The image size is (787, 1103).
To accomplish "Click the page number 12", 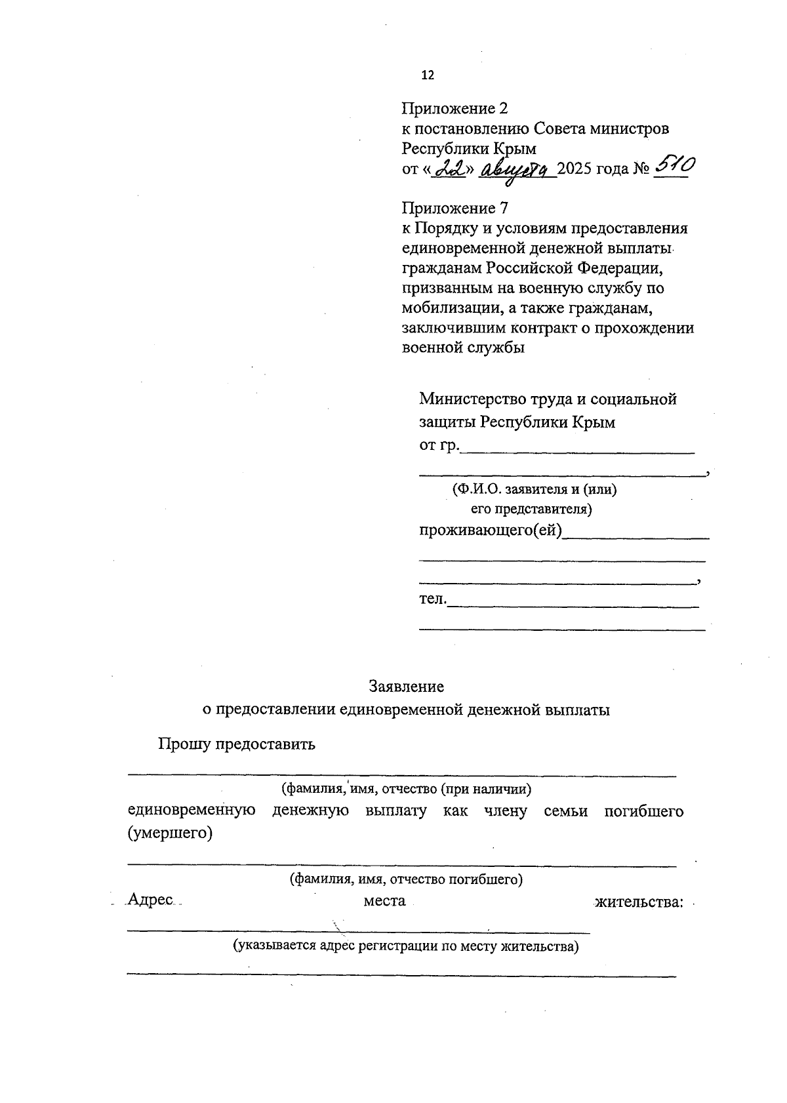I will pyautogui.click(x=427, y=75).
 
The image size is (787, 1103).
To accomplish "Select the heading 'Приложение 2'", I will pyautogui.click(x=454, y=108).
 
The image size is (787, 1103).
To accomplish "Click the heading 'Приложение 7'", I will pyautogui.click(x=454, y=209).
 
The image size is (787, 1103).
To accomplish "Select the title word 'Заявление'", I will pyautogui.click(x=406, y=687).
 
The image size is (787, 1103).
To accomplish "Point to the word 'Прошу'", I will pyautogui.click(x=184, y=744).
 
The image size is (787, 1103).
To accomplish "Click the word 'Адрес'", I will pyautogui.click(x=151, y=900).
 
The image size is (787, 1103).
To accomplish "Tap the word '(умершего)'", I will pyautogui.click(x=170, y=833).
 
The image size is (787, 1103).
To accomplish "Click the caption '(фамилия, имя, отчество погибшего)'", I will pyautogui.click(x=407, y=879).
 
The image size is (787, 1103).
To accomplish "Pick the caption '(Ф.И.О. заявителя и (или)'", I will pyautogui.click(x=534, y=489).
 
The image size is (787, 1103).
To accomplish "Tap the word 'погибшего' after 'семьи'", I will pyautogui.click(x=643, y=811).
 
